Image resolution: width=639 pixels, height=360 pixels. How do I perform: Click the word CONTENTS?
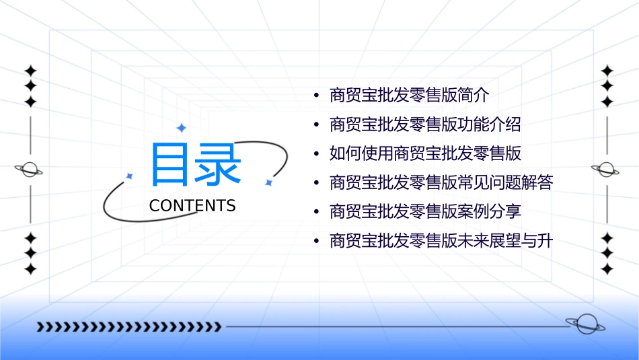click(192, 206)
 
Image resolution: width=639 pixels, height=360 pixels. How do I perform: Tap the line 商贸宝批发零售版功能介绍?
click(425, 124)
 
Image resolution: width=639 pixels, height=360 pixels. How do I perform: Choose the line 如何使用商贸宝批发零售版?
click(425, 153)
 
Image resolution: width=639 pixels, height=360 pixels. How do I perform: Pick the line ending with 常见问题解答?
click(441, 182)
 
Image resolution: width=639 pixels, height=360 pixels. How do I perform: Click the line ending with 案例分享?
click(425, 211)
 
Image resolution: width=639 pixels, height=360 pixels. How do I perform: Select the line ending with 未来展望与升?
click(441, 241)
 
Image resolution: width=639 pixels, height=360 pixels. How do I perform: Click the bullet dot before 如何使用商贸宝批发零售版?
click(317, 154)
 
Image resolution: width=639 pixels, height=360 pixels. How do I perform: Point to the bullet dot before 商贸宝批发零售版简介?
click(317, 96)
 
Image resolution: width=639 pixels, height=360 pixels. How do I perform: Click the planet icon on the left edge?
click(29, 170)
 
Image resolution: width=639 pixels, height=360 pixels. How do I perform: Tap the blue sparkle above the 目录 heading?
click(181, 128)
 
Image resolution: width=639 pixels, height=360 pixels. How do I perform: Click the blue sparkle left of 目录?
click(130, 176)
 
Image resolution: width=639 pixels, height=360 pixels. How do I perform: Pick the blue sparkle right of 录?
click(268, 182)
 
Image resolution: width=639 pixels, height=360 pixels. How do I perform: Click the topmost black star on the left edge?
click(30, 71)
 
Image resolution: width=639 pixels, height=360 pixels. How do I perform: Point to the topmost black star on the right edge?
click(607, 71)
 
